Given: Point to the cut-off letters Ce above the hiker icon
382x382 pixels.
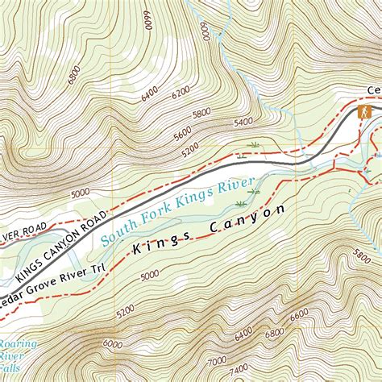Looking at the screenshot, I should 374,90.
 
